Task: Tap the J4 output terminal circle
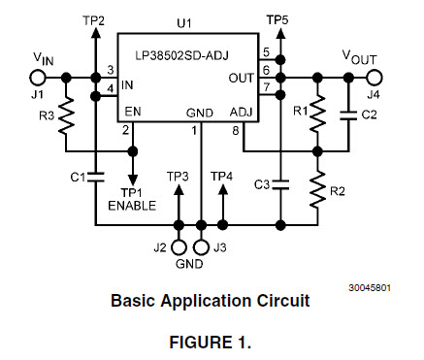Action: click(x=375, y=77)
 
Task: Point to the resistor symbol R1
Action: click(x=317, y=114)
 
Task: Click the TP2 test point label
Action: click(x=95, y=20)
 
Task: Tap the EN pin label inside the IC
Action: click(x=131, y=113)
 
